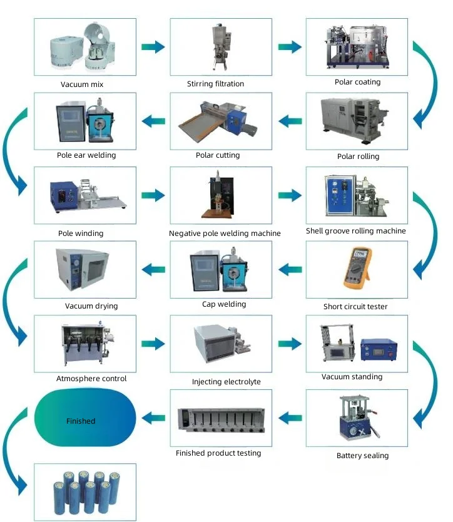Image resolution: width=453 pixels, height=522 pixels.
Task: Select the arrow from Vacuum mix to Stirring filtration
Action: pos(153,47)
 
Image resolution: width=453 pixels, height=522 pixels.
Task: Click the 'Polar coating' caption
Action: pos(357,82)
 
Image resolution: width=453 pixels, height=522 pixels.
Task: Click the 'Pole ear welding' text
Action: pos(84,155)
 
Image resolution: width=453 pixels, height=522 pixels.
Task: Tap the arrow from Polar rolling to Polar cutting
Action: pos(290,121)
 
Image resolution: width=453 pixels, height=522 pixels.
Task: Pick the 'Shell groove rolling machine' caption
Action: pos(355,231)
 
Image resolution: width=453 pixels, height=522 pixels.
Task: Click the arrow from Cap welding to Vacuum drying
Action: pos(153,270)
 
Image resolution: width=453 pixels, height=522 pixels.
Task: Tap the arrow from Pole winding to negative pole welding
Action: pos(153,196)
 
